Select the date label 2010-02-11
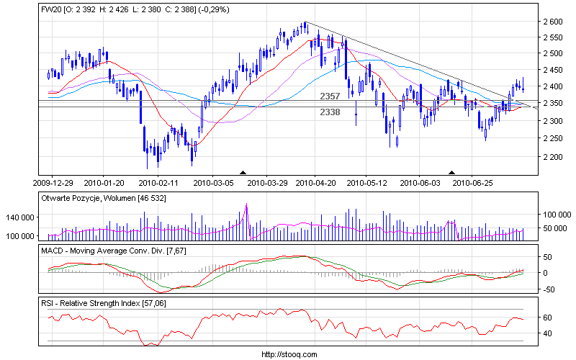pyautogui.click(x=158, y=183)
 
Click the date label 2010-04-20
pyautogui.click(x=315, y=183)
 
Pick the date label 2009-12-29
pyautogui.click(x=54, y=183)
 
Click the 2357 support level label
pyautogui.click(x=330, y=96)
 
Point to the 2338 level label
pyautogui.click(x=330, y=112)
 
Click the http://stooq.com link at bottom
pyautogui.click(x=287, y=354)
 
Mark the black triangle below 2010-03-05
pyautogui.click(x=243, y=173)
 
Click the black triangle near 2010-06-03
pyautogui.click(x=452, y=173)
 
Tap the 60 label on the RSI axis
pyautogui.click(x=547, y=318)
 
